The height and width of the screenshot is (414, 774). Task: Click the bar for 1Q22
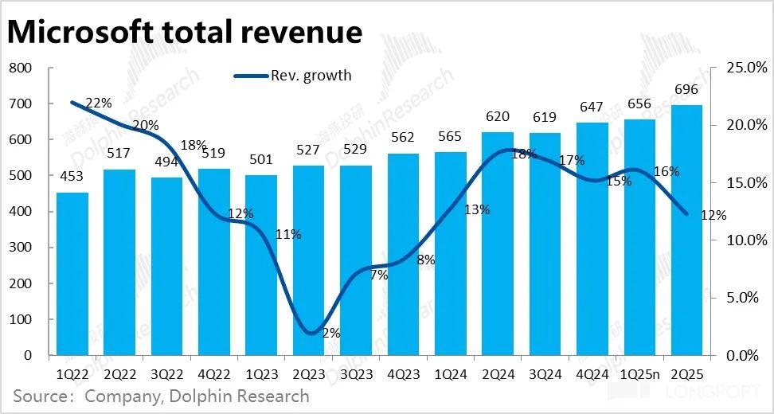click(x=72, y=274)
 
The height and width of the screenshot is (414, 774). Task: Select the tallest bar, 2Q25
click(x=686, y=230)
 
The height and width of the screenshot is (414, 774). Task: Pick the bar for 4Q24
click(x=592, y=239)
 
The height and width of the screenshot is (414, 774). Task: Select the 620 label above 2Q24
click(x=498, y=117)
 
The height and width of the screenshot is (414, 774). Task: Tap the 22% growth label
click(x=100, y=103)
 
